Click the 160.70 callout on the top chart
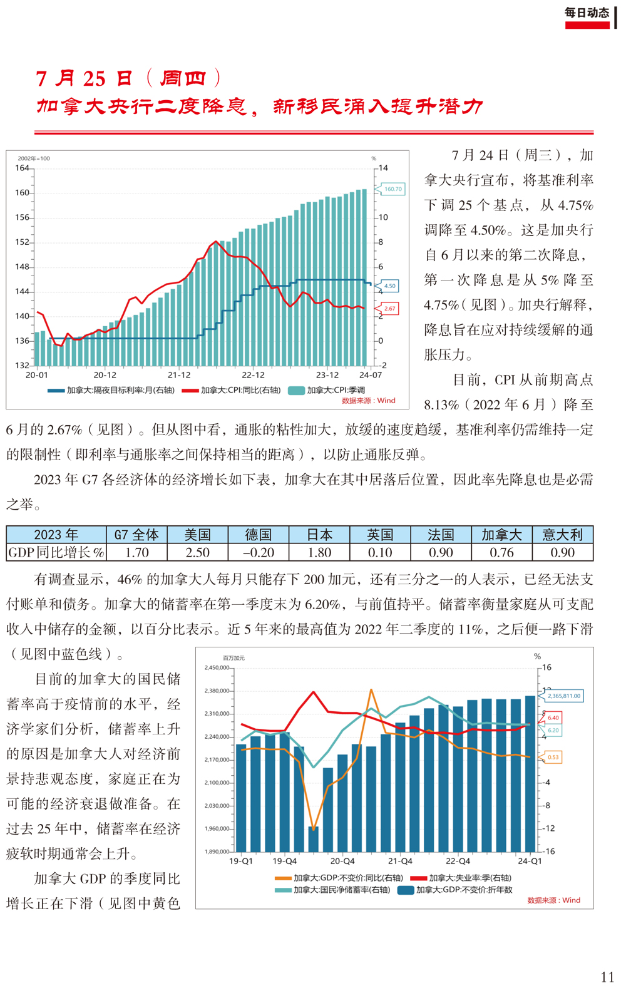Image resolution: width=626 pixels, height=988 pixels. (393, 189)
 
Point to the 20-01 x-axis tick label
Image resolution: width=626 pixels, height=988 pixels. (36, 375)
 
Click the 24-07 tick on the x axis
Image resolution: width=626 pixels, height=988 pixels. (371, 375)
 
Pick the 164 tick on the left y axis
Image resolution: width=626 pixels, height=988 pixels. (22, 168)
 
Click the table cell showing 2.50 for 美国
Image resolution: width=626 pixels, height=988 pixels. (197, 552)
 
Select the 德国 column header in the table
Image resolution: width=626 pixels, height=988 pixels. (259, 535)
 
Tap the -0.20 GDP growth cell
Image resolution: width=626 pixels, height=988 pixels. (259, 552)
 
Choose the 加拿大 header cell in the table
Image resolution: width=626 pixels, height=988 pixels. (501, 535)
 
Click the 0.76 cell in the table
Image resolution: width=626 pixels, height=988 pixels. (501, 552)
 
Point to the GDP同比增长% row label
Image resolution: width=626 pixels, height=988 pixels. (56, 552)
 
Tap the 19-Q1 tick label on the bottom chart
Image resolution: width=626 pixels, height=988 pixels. (241, 860)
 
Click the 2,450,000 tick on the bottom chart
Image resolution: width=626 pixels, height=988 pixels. (217, 667)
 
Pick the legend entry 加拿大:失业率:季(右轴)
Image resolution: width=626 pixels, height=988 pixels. (461, 877)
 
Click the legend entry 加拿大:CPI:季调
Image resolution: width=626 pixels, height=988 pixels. (327, 390)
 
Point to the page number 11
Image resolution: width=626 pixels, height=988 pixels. (607, 977)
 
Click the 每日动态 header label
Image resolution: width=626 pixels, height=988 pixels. (587, 13)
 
